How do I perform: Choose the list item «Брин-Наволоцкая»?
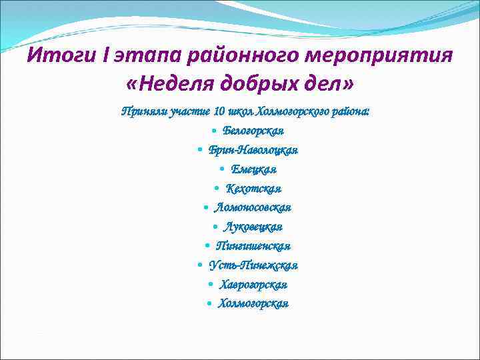[253, 149]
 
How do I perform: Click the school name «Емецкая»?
[254, 169]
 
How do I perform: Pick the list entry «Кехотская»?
[253, 188]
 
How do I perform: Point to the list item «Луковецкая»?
[253, 227]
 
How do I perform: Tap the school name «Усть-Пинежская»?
[253, 265]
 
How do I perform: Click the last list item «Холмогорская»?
[253, 304]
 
